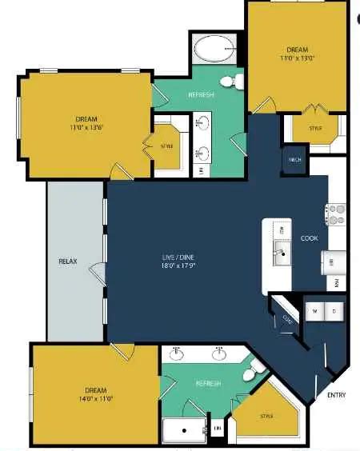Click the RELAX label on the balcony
click(67, 261)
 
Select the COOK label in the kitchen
click(310, 238)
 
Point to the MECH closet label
click(294, 160)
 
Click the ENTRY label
click(337, 395)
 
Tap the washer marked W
click(314, 310)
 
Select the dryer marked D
click(334, 310)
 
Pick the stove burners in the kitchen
click(335, 214)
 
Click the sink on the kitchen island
click(281, 256)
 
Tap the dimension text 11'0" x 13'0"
click(297, 58)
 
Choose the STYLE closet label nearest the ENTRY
click(267, 416)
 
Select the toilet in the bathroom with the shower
click(255, 370)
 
